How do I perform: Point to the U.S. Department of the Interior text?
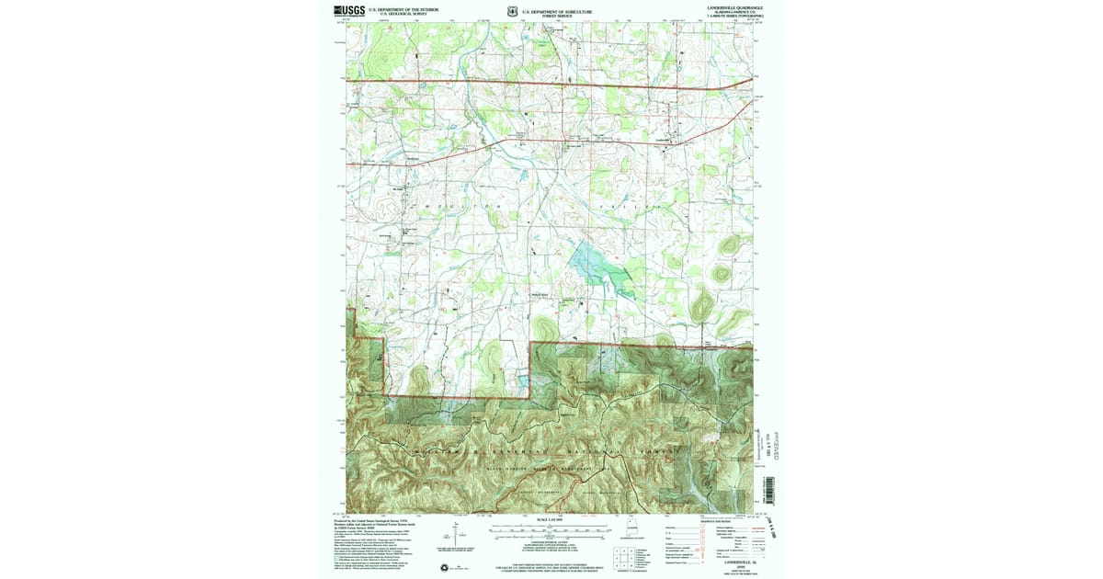(x=404, y=9)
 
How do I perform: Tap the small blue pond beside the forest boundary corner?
(x=523, y=378)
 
